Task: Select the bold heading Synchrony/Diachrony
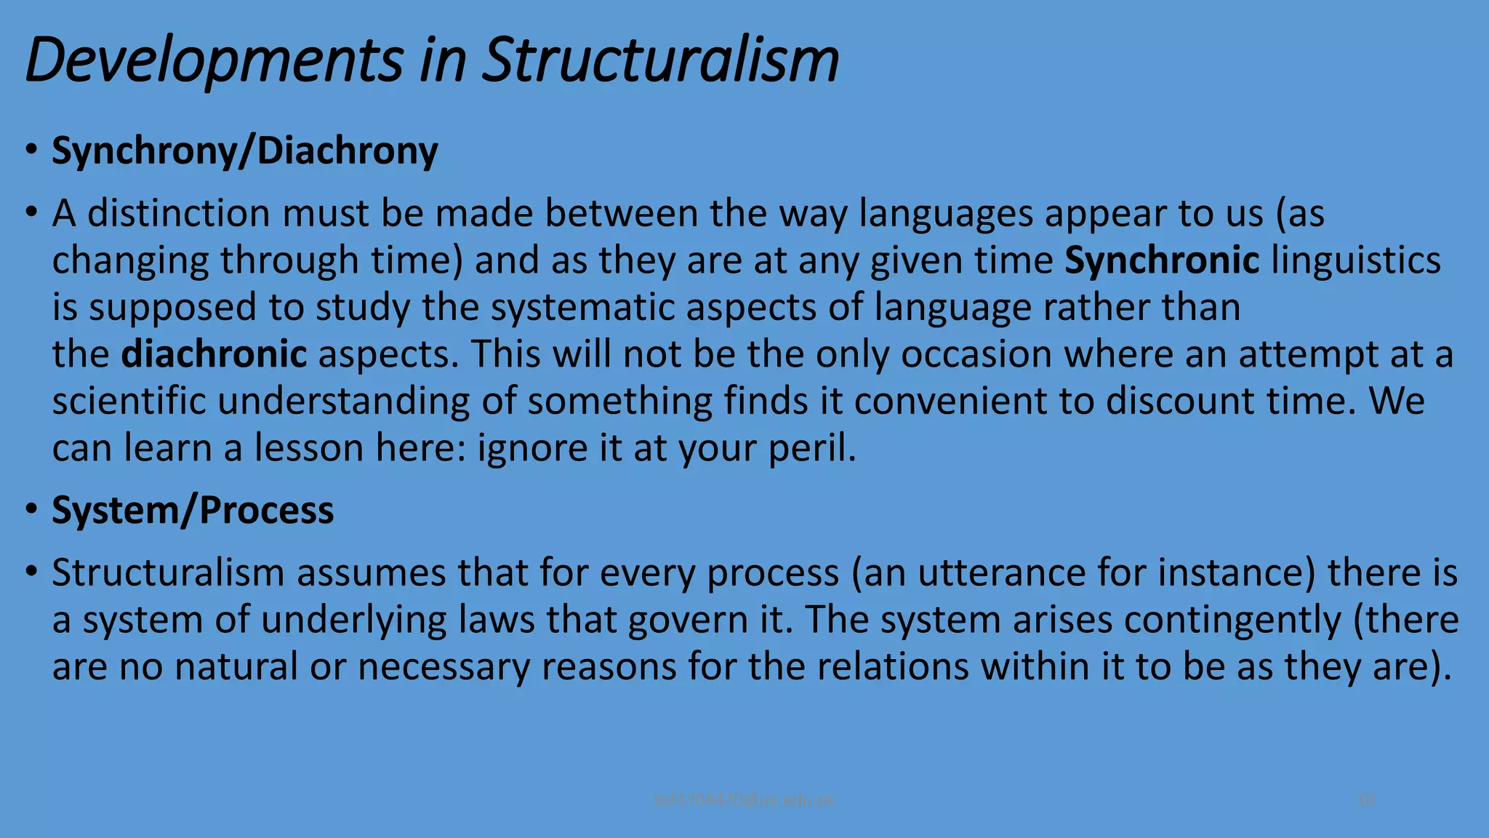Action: [244, 151]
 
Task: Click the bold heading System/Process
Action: [193, 510]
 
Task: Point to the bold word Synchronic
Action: [1162, 260]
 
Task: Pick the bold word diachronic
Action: [214, 354]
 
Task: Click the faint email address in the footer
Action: [744, 800]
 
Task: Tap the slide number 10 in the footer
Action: [1366, 800]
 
